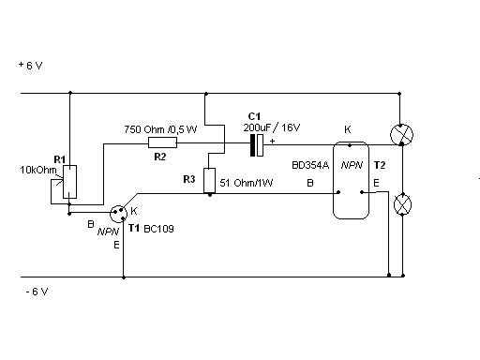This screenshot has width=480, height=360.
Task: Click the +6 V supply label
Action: [x=30, y=66]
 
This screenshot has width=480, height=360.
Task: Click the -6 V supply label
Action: [x=37, y=292]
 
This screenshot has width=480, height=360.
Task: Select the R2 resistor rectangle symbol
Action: [x=162, y=142]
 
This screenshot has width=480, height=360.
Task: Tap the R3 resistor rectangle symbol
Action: [x=209, y=181]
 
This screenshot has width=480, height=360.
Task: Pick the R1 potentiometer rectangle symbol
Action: [x=69, y=182]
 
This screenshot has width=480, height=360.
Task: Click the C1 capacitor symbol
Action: [x=257, y=145]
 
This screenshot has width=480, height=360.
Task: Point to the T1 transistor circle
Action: [x=119, y=214]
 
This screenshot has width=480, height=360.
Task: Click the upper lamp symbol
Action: [x=402, y=135]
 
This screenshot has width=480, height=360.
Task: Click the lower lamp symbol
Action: [x=402, y=204]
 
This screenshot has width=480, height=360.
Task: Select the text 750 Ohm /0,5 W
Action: [x=160, y=129]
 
